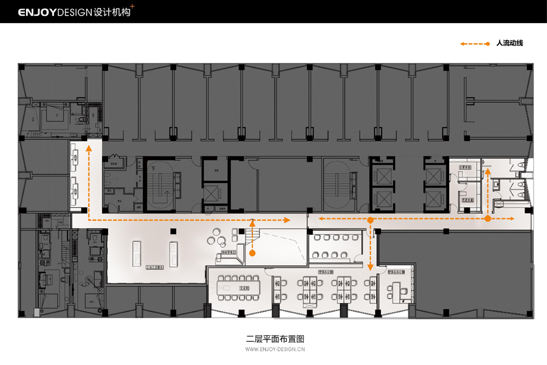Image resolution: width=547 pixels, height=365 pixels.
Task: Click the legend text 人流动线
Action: point(509,43)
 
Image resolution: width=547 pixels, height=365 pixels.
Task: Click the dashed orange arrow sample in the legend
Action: point(475,44)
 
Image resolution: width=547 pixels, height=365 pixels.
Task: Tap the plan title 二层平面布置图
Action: point(275,338)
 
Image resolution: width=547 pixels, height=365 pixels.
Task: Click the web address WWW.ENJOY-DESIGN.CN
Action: point(275,350)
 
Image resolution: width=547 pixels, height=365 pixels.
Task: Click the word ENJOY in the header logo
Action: point(37,12)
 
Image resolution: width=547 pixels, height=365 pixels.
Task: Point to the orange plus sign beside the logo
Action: point(132,7)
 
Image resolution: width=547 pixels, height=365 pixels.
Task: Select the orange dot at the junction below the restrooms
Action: point(487,218)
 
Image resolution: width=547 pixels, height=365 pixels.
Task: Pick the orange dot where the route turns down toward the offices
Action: point(370,218)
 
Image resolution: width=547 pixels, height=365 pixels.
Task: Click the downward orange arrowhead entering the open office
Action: point(370,266)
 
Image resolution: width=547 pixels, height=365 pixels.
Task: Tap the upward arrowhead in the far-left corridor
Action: point(89,147)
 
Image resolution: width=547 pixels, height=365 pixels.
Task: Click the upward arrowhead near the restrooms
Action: point(487,172)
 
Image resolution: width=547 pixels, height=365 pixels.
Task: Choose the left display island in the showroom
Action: point(136,254)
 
